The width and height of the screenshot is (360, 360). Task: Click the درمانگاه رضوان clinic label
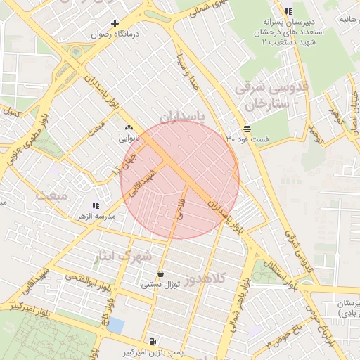[x=116, y=33]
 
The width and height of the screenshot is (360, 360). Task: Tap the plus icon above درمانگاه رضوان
[x=115, y=23]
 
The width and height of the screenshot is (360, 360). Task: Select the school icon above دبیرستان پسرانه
[x=288, y=12]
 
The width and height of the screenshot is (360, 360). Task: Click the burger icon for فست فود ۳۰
[x=247, y=129]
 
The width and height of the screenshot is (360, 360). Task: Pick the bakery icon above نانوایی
[x=128, y=129]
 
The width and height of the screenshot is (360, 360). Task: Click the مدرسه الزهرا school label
[x=96, y=217]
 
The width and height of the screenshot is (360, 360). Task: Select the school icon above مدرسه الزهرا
[x=96, y=205]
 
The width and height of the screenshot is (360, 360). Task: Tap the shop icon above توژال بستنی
[x=161, y=274]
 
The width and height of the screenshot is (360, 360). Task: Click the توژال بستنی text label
[x=162, y=285]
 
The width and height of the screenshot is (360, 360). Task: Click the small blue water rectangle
[x=116, y=326]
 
